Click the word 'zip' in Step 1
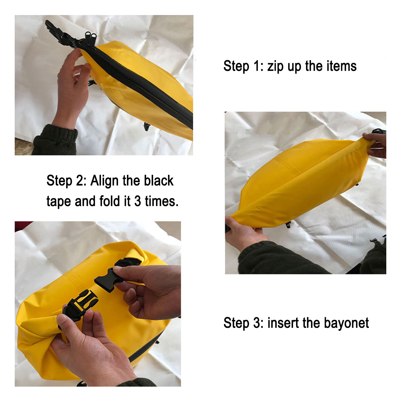click(x=276, y=66)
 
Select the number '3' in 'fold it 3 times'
click(x=137, y=201)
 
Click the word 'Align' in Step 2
click(x=105, y=181)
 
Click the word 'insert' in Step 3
click(x=283, y=323)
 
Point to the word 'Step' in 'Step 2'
click(x=59, y=181)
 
